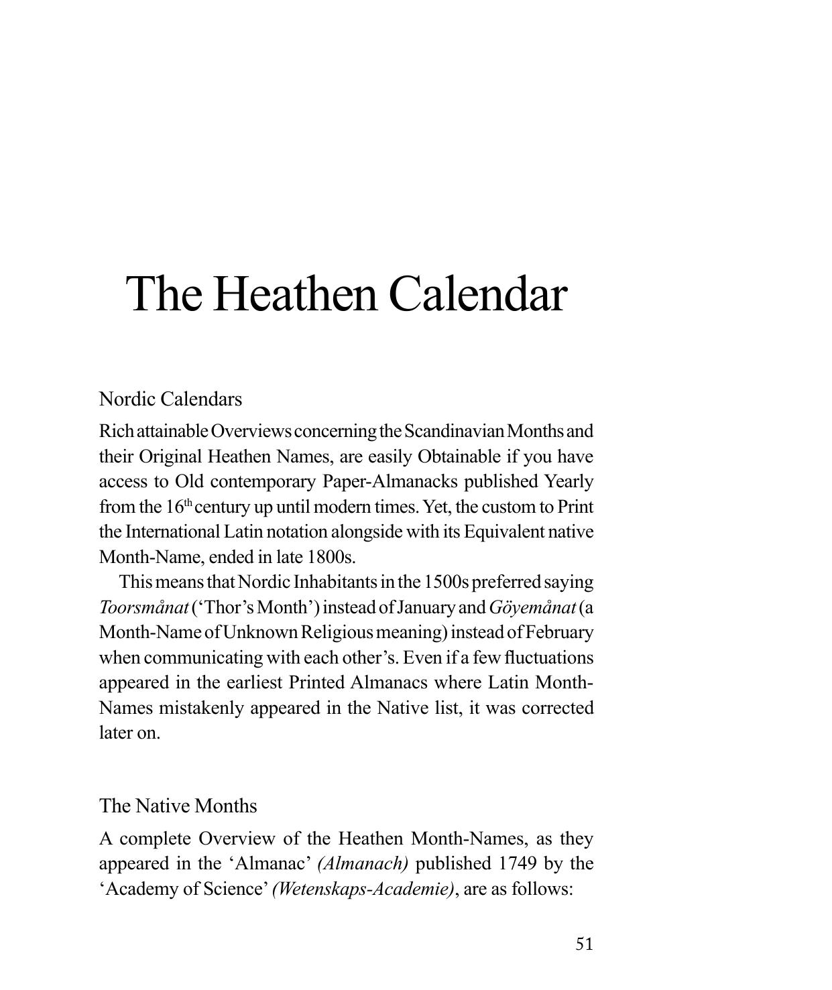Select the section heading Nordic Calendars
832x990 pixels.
(x=170, y=399)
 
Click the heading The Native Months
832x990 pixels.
(x=178, y=805)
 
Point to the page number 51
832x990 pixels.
(x=584, y=944)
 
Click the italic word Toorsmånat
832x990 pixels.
(x=143, y=607)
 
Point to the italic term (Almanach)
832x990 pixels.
(x=363, y=863)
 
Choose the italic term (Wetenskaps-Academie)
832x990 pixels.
(x=363, y=889)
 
